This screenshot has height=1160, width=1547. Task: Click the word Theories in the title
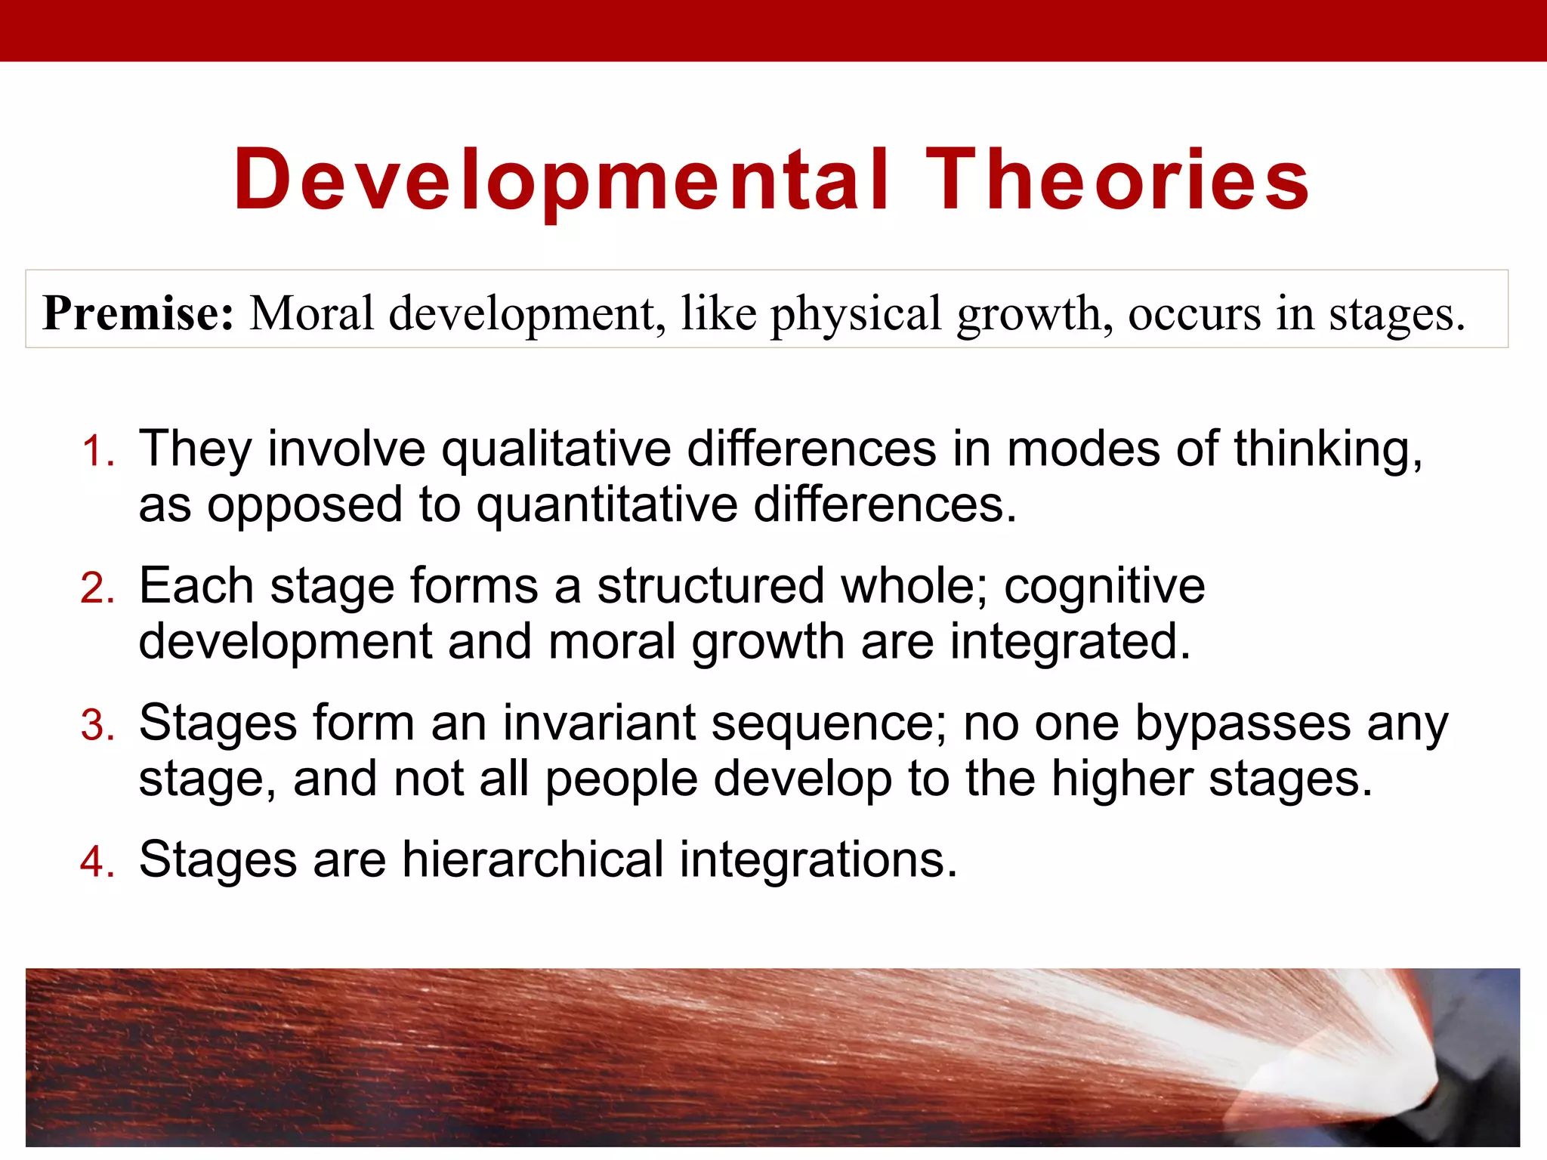coord(1117,180)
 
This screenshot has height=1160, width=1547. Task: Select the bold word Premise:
coord(138,313)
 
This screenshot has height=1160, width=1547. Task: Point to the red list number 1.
coord(97,452)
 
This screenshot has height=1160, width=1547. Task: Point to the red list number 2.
coord(97,588)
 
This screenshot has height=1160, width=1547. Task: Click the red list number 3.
coord(97,726)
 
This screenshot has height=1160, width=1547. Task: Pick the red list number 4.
coord(97,862)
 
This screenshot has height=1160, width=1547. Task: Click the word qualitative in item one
coord(556,449)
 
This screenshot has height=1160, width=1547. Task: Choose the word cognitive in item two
coord(1104,586)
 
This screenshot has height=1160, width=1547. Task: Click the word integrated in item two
coord(1070,642)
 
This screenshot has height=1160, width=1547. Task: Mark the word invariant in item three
coord(599,723)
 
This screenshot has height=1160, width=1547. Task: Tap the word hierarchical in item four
coord(533,860)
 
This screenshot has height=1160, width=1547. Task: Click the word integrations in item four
coord(818,860)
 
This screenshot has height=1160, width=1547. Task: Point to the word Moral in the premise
coord(311,313)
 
